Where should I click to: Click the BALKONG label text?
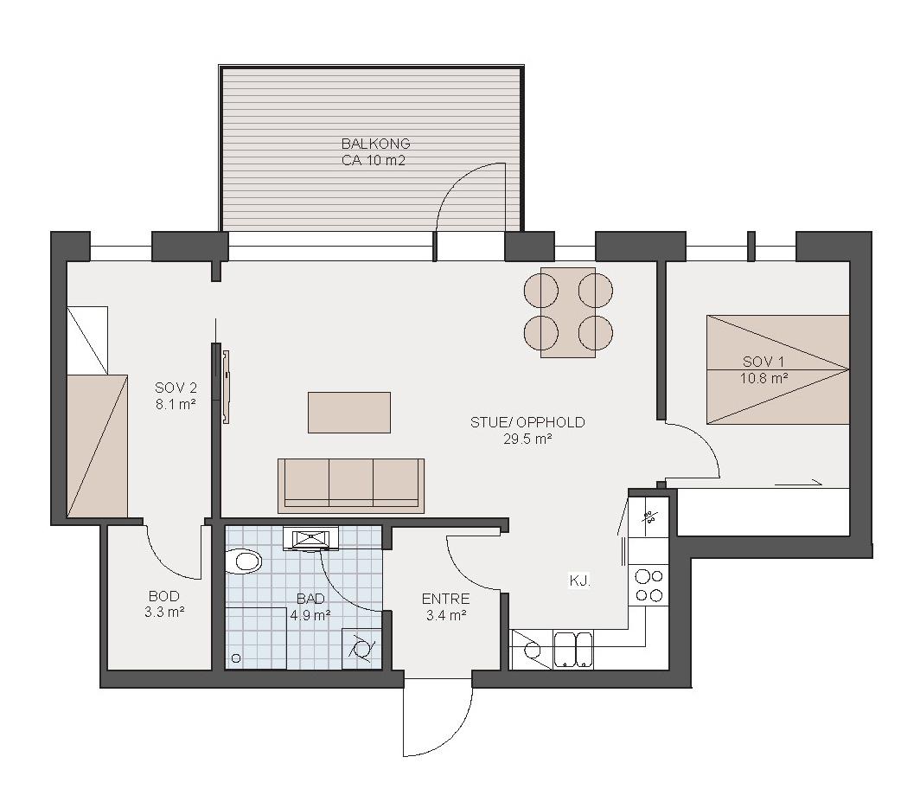[x=375, y=144]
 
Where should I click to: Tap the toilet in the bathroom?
[x=244, y=561]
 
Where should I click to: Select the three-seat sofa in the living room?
[x=351, y=485]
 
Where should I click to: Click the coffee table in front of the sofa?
[x=349, y=413]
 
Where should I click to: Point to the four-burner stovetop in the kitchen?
[x=648, y=586]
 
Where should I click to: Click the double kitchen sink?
[x=573, y=649]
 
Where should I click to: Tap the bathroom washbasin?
[x=310, y=538]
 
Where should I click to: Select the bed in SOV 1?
[x=778, y=369]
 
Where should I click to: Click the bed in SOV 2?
[x=98, y=446]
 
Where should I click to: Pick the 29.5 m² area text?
[x=527, y=439]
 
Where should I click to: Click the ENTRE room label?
[x=446, y=599]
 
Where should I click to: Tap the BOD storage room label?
[x=163, y=596]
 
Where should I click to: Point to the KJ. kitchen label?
[x=579, y=581]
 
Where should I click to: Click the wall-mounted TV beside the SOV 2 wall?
[x=226, y=386]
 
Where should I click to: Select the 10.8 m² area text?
[x=763, y=378]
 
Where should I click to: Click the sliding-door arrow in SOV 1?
[x=798, y=484]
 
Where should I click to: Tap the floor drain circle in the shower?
[x=237, y=657]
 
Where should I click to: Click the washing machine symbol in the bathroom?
[x=362, y=649]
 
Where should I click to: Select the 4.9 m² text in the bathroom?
[x=310, y=615]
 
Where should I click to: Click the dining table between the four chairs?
[x=568, y=313]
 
